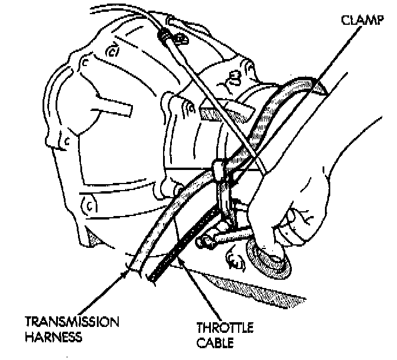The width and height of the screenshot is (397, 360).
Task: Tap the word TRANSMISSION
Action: tap(71, 322)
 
